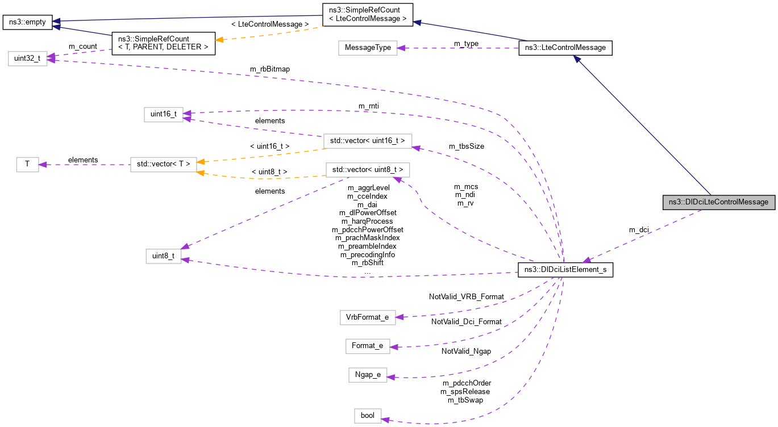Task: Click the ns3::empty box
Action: pyautogui.click(x=27, y=23)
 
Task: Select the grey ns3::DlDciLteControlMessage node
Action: pyautogui.click(x=719, y=202)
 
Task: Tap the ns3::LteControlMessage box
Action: pyautogui.click(x=565, y=48)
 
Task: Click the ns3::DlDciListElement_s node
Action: pyautogui.click(x=565, y=270)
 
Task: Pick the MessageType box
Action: pyautogui.click(x=367, y=48)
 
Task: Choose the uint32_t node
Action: pyautogui.click(x=27, y=59)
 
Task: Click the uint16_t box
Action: pyautogui.click(x=164, y=115)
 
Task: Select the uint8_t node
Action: pyautogui.click(x=164, y=257)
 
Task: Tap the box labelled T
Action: pyautogui.click(x=27, y=165)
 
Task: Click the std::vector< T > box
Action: pyautogui.click(x=163, y=165)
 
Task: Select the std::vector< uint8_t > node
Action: pyautogui.click(x=367, y=170)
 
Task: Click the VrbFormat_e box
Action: pyautogui.click(x=367, y=317)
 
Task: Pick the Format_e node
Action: pyautogui.click(x=367, y=345)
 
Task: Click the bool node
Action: pyautogui.click(x=367, y=415)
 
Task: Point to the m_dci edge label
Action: pyautogui.click(x=639, y=230)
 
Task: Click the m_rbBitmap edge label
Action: pyautogui.click(x=270, y=69)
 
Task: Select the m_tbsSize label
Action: pyautogui.click(x=467, y=146)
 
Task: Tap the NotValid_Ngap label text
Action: pyautogui.click(x=466, y=351)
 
